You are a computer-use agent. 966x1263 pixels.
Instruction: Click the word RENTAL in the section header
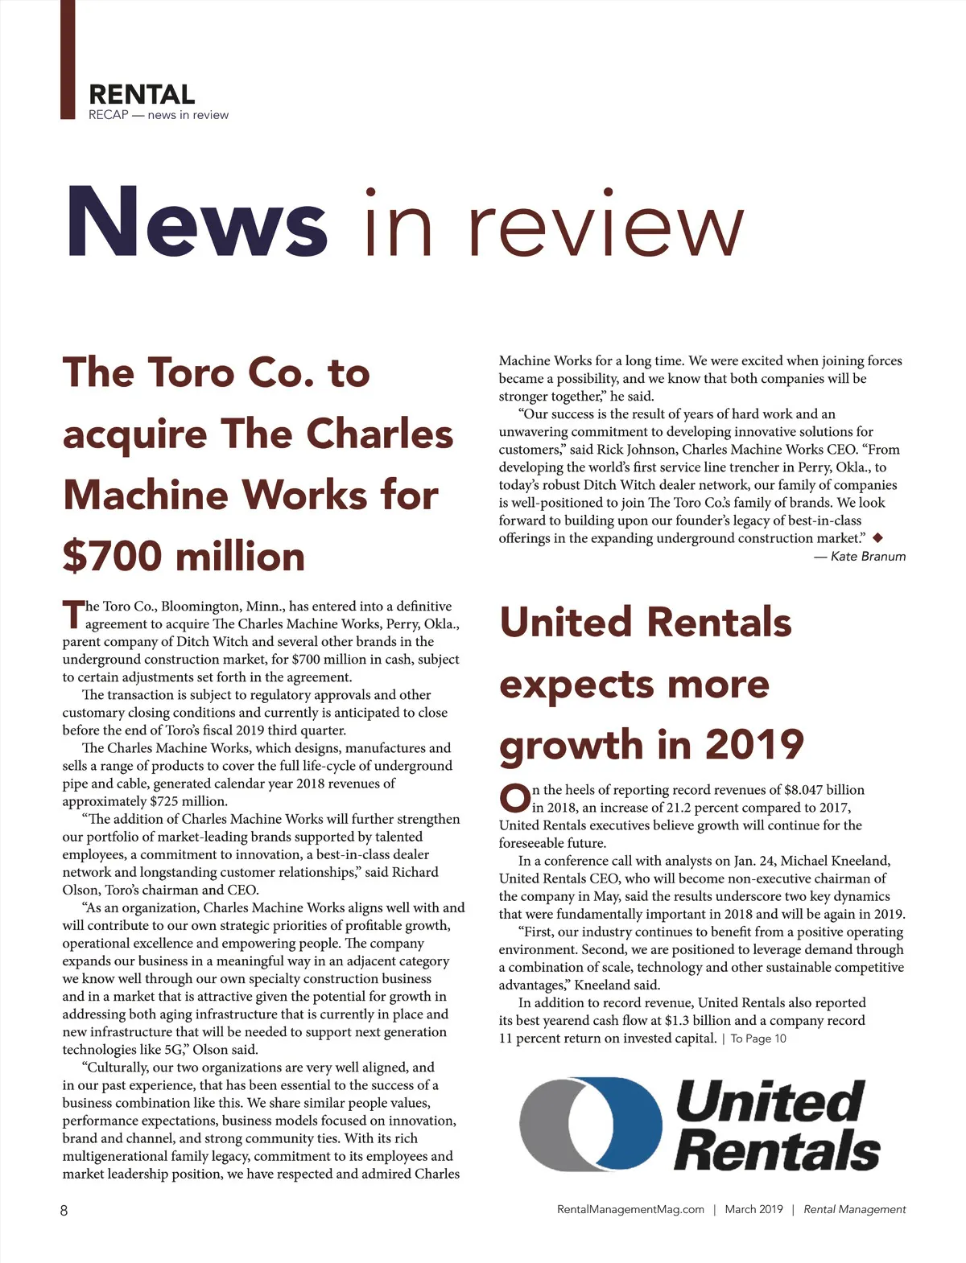tap(142, 94)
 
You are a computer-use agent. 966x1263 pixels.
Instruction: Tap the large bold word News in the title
tap(196, 221)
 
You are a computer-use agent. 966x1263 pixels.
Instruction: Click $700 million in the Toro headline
tap(184, 556)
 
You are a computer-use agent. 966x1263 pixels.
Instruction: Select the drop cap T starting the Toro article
tap(72, 615)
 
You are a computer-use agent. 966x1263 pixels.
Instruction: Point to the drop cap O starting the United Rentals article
tap(514, 798)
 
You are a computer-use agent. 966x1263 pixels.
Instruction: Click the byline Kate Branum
tap(868, 556)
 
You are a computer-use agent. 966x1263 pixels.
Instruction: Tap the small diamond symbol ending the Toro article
tap(877, 537)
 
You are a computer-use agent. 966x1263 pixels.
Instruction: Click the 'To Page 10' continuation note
tap(758, 1039)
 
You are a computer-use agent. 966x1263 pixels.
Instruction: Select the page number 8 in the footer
tap(64, 1210)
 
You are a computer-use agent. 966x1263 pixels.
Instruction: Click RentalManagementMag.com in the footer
tap(630, 1209)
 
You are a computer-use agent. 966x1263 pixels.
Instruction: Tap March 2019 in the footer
tap(753, 1209)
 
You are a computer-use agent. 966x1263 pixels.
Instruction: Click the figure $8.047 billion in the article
tap(824, 790)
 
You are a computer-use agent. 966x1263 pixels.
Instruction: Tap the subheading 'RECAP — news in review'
tap(159, 115)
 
